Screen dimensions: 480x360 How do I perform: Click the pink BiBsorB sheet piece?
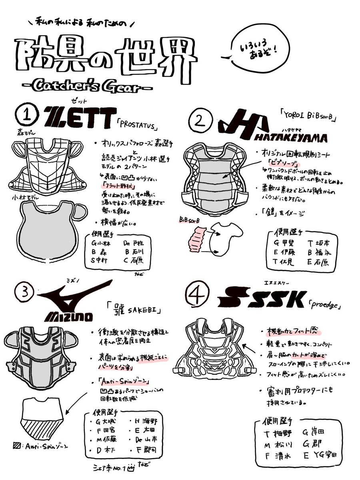click(x=197, y=240)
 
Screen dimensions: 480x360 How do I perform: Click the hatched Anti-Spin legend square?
click(x=17, y=445)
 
